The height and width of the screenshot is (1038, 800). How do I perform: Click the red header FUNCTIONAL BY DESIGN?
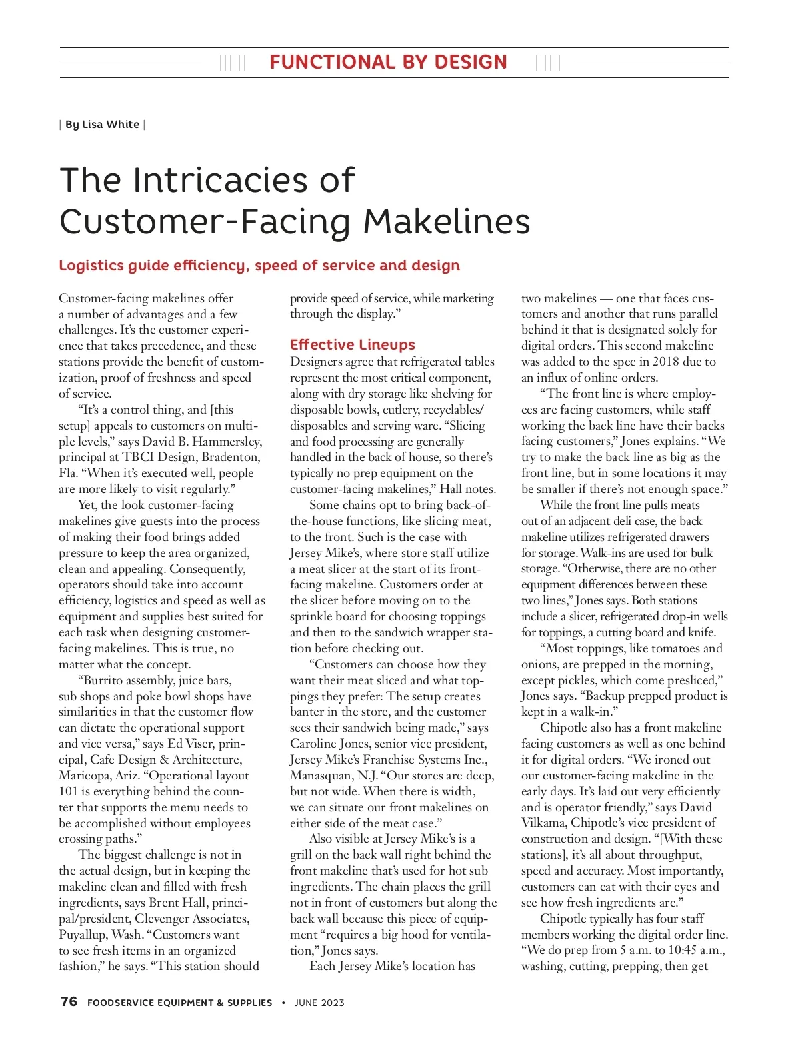click(x=388, y=63)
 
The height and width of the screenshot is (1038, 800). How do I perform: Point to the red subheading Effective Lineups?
click(x=352, y=345)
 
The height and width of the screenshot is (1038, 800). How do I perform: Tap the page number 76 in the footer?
click(x=69, y=1002)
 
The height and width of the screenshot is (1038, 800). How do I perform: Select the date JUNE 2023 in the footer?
click(x=319, y=1003)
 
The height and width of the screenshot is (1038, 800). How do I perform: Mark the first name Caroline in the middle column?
click(x=314, y=744)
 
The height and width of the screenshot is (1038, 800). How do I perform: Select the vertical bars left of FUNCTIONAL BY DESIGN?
click(x=232, y=63)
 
